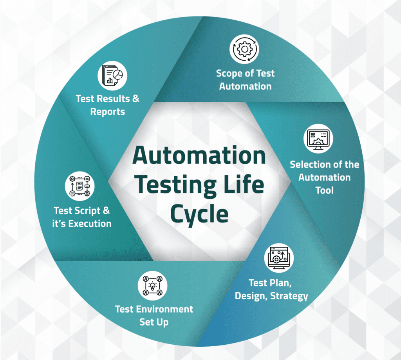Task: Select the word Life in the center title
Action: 244,185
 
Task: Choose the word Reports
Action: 108,112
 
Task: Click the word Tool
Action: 324,190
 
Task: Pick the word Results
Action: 112,98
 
